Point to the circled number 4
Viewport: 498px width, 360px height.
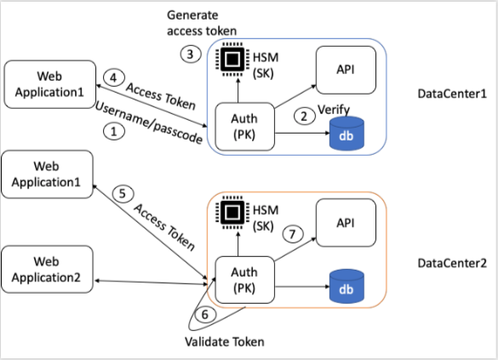111,77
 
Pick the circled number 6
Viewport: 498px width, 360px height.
203,313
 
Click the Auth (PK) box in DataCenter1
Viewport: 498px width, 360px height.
243,127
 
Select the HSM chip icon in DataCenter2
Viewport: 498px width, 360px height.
230,213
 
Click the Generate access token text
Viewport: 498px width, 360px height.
202,24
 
